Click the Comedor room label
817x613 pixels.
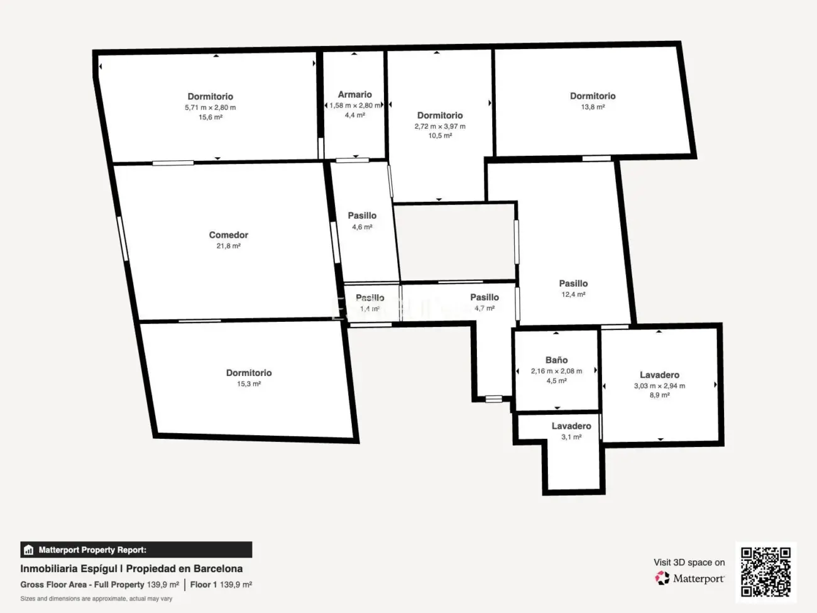coord(228,235)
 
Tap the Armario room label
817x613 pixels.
coord(354,95)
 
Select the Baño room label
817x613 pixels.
coord(556,360)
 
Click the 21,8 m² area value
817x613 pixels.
coord(228,246)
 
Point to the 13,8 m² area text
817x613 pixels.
coord(593,107)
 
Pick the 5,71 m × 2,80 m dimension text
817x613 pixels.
coord(210,108)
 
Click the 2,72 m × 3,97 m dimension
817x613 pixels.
coord(440,126)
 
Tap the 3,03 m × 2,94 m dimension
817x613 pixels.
coord(659,386)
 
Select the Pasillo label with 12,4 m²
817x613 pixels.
coord(573,284)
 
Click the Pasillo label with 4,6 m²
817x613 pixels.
coord(362,216)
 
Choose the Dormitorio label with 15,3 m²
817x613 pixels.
coord(249,373)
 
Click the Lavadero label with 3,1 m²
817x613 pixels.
coord(571,426)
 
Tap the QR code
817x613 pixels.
coord(765,572)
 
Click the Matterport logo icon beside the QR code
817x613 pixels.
coord(662,578)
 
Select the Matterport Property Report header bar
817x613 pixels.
coord(136,549)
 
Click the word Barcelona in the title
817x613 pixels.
coord(217,568)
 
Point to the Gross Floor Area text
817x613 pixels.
coord(53,585)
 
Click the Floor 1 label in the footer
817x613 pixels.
coord(204,585)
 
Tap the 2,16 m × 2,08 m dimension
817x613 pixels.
coord(556,371)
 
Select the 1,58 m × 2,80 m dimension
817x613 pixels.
coord(355,106)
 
